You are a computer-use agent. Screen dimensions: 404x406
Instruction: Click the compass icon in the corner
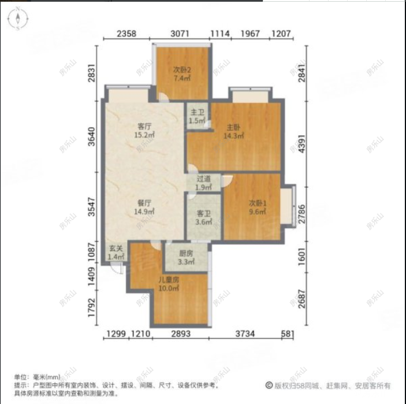18,20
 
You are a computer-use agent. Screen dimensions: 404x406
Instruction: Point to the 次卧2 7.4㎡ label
182,75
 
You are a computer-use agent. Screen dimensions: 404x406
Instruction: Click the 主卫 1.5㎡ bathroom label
197,116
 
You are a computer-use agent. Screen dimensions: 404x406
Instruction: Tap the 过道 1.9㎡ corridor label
203,183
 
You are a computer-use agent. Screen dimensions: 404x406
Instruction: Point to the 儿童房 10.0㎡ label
169,284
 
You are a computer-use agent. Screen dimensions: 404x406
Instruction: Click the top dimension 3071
180,34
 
